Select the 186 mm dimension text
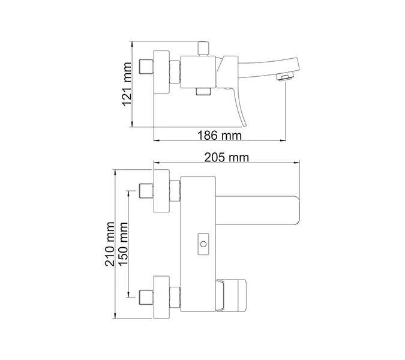(x=220, y=136)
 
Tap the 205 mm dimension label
(x=226, y=158)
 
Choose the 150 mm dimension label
(x=124, y=243)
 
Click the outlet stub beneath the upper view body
(x=203, y=91)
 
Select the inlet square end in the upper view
(x=144, y=67)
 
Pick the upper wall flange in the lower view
(x=162, y=192)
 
